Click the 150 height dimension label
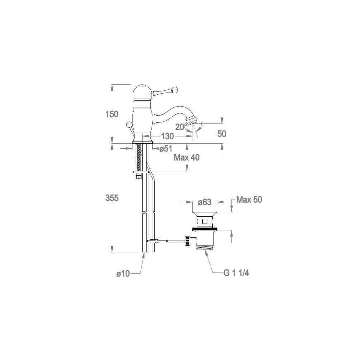coord(112,114)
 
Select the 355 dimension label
coord(112,198)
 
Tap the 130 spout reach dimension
coord(167,136)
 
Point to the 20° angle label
coord(181,127)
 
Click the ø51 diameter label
coord(166,149)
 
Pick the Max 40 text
coord(186,158)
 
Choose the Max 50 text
coord(249,199)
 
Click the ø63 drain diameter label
coord(204,202)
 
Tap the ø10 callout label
coord(123,274)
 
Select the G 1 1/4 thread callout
coord(236,273)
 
